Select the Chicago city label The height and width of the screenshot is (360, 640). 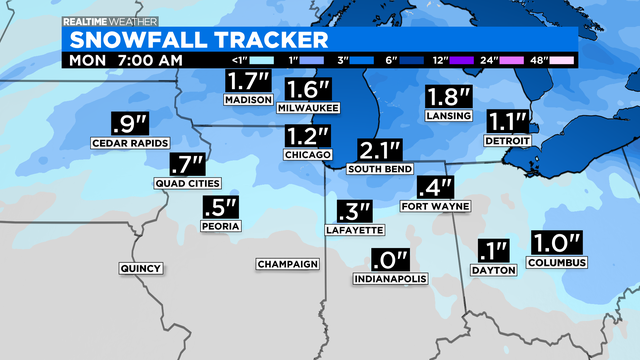coord(307,155)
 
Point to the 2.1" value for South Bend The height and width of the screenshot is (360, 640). coord(380,151)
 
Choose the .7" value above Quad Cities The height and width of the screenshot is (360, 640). coord(187,163)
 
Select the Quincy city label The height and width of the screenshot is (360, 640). coord(140,268)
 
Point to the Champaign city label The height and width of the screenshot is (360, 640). coord(287,264)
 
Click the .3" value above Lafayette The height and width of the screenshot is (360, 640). coord(354,212)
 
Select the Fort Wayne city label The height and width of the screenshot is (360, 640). coord(428,207)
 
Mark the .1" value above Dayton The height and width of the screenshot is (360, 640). coord(493,249)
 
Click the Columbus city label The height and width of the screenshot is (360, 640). coord(557,262)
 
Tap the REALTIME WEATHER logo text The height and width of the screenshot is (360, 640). coord(105,20)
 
